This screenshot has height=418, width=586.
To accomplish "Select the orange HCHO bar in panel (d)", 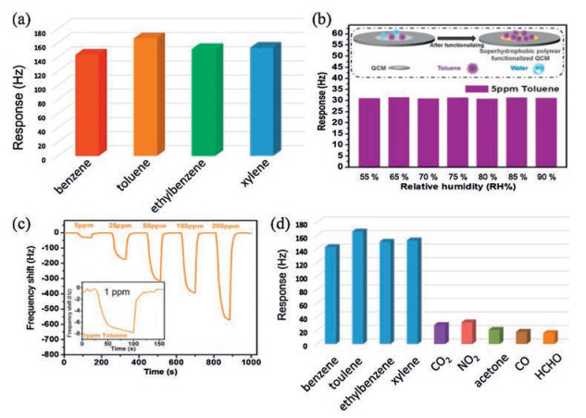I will [x=550, y=338].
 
